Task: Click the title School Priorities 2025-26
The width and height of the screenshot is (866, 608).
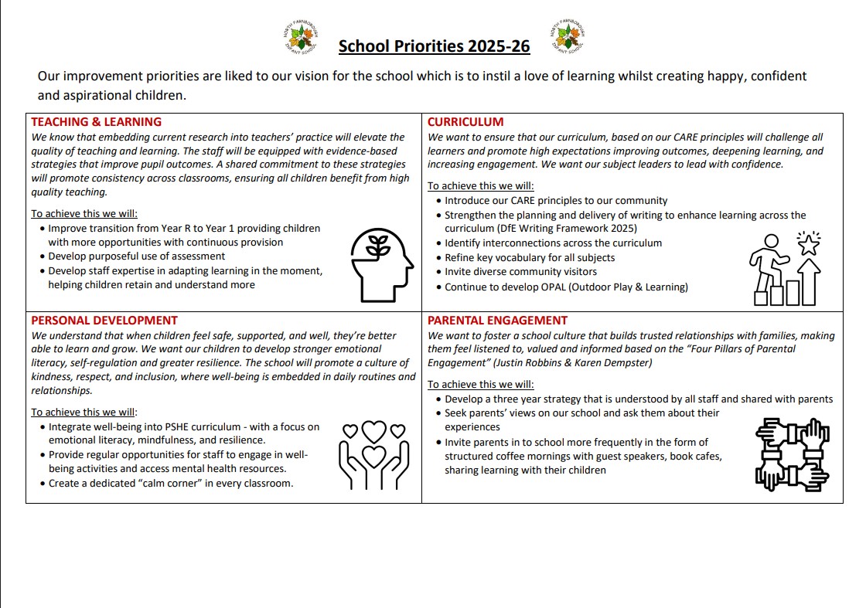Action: tap(434, 46)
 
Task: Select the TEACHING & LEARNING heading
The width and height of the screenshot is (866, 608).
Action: tap(96, 122)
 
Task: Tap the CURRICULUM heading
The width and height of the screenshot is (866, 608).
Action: tap(465, 122)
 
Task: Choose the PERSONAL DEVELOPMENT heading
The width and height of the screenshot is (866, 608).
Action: tap(104, 321)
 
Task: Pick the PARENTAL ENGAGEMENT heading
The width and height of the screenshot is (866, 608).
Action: tap(497, 321)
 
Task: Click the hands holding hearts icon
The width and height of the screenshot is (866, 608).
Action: tap(374, 456)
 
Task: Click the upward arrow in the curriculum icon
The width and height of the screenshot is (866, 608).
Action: tap(810, 281)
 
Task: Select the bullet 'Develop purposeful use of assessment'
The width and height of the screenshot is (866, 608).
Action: tap(137, 256)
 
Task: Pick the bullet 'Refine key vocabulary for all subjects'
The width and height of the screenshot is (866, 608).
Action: tap(530, 257)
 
